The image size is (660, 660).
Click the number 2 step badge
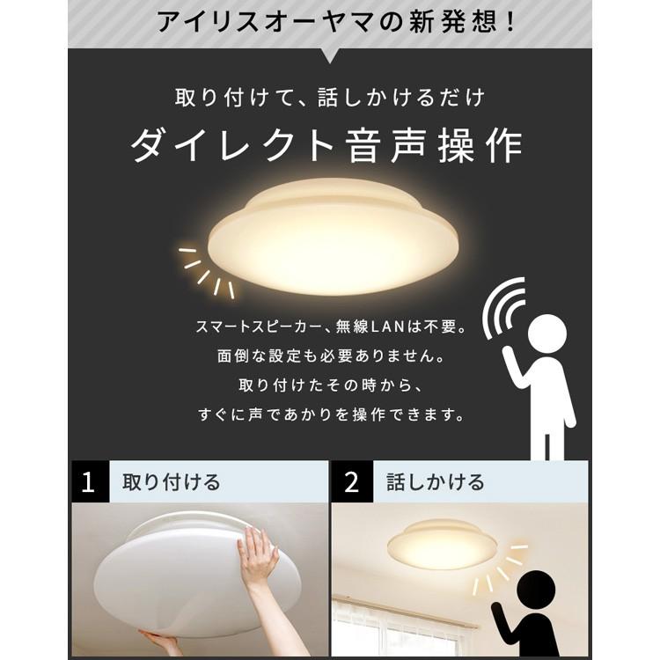352,482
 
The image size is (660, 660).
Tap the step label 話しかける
435,482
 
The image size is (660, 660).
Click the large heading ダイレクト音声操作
328,144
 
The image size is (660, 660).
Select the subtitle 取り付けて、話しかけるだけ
329,96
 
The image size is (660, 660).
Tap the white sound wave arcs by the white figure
503,306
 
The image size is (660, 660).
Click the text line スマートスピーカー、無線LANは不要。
329,329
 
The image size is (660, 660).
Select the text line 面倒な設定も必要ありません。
329,358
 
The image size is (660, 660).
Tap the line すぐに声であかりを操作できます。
329,414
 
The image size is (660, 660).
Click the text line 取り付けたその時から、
329,385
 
